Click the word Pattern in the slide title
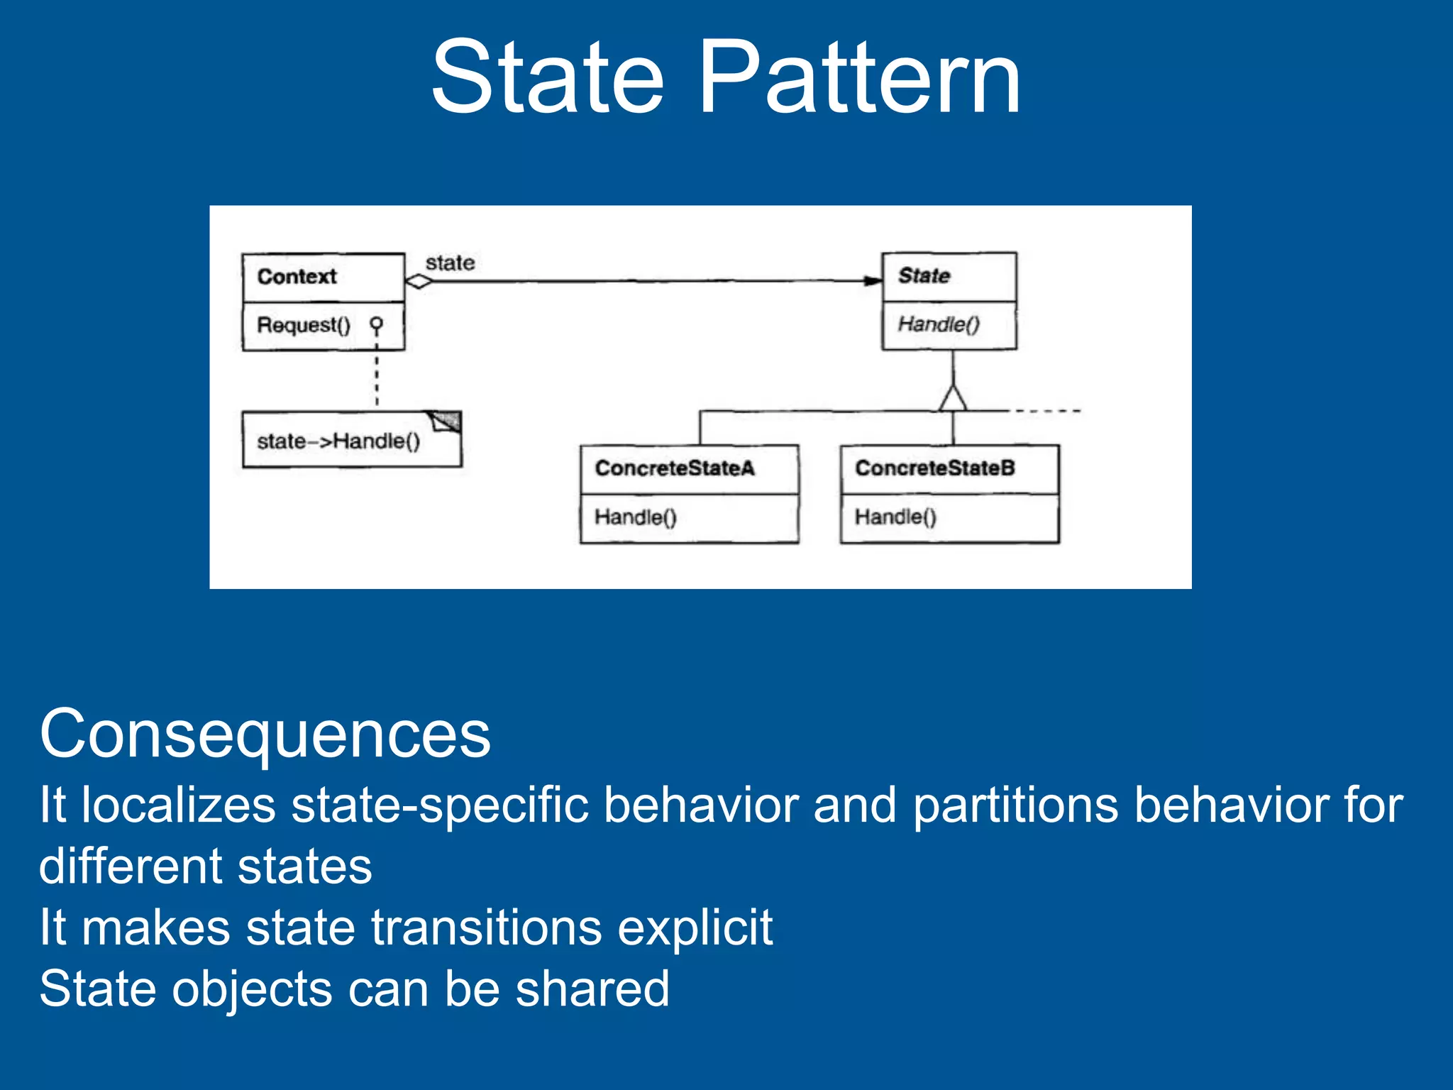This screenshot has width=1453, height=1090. point(860,77)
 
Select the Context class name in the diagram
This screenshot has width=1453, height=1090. point(297,277)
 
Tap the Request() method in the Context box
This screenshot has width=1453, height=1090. point(304,325)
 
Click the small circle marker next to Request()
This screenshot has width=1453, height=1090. point(377,324)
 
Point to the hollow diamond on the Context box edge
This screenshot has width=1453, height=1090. point(419,281)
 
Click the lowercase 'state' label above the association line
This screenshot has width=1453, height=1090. point(450,263)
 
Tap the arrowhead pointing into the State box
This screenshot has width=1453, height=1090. point(873,281)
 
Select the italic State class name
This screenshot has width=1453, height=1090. point(924,275)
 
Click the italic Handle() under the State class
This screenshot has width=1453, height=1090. point(939,324)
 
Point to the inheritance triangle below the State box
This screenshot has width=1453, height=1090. point(953,399)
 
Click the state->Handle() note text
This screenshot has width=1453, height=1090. point(338,441)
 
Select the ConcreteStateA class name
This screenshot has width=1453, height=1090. point(675,468)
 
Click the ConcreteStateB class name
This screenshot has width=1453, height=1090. point(935,468)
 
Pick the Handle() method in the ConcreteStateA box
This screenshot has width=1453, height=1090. point(636,517)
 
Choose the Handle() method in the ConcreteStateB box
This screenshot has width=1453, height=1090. point(895,517)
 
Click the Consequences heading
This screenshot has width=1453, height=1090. point(265,734)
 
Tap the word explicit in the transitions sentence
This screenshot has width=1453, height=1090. point(695,927)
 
